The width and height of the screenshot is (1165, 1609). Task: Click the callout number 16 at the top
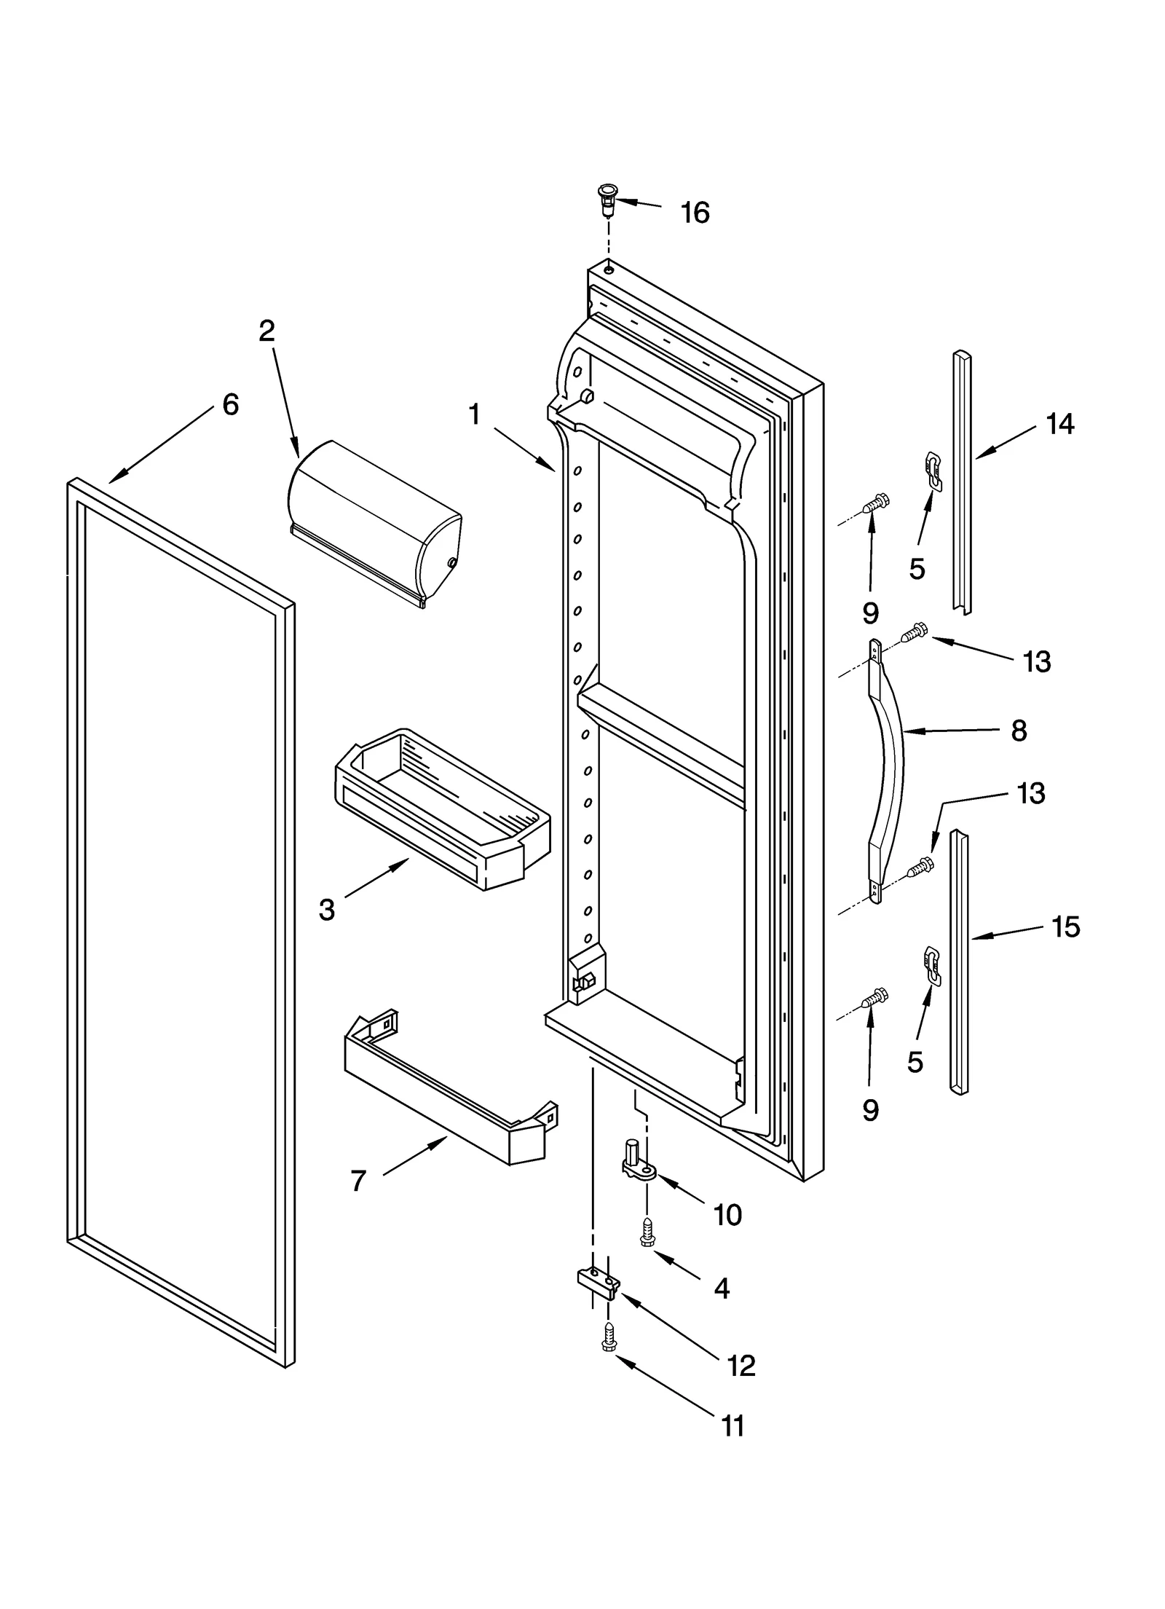[x=694, y=213]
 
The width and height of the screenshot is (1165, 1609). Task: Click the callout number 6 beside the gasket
[x=230, y=404]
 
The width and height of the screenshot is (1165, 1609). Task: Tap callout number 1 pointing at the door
[x=474, y=415]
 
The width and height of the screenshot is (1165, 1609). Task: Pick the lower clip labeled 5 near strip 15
[x=931, y=966]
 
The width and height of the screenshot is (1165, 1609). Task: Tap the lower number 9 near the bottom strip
[x=870, y=1110]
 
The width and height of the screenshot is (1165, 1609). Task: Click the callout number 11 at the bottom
[x=732, y=1425]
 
